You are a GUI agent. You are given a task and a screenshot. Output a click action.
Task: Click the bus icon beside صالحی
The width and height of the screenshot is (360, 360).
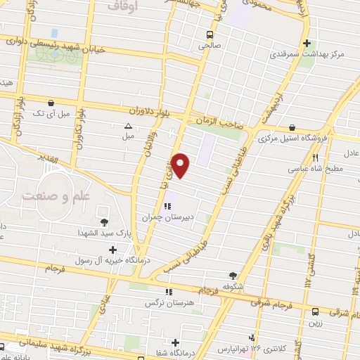[x=210, y=33]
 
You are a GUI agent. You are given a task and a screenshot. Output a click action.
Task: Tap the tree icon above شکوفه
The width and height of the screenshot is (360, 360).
[x=233, y=276]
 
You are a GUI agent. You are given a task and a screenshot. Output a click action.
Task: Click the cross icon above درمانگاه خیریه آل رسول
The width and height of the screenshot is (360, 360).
[x=112, y=249]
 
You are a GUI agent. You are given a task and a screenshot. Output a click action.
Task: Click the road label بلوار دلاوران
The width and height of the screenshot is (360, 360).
[x=152, y=111]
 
